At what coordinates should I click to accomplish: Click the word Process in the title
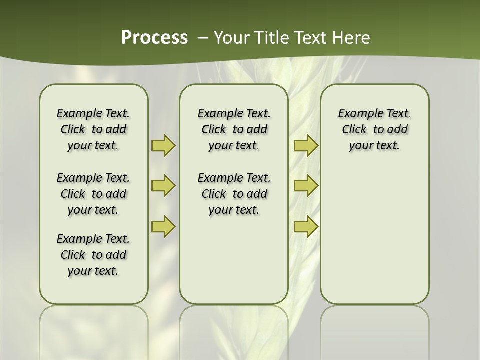(154, 38)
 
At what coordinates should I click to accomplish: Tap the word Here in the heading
(352, 38)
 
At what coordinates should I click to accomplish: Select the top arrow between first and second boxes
(163, 145)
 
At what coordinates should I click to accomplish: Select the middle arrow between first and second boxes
(163, 186)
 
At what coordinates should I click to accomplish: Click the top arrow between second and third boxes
(306, 145)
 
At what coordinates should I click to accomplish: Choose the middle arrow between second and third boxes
(306, 186)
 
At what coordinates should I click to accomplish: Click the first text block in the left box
(93, 129)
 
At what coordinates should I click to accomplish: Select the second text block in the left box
(93, 194)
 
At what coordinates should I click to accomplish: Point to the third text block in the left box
(93, 255)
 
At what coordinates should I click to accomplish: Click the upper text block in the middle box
(234, 129)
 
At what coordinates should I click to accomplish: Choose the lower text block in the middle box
(234, 194)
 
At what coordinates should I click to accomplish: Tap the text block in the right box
(375, 129)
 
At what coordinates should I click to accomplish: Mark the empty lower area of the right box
(375, 240)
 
